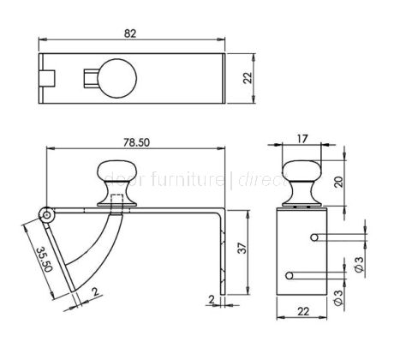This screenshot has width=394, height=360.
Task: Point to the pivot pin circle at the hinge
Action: [x=48, y=212]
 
